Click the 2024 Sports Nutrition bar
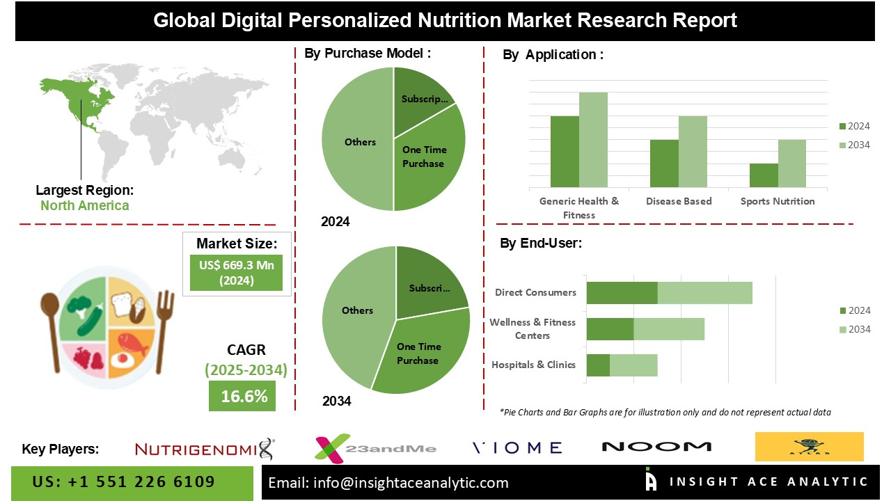[x=764, y=175]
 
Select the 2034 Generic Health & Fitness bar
[x=593, y=140]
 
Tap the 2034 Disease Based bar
[x=693, y=152]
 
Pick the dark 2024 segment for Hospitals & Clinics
[x=598, y=365]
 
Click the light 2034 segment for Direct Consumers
[x=704, y=293]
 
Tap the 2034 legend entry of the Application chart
[x=854, y=145]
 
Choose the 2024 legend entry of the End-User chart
[x=854, y=310]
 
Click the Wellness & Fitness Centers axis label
[x=533, y=329]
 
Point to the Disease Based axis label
[x=679, y=201]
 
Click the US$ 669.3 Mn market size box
[x=237, y=273]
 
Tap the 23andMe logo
[x=376, y=447]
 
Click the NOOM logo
[x=656, y=447]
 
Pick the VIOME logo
[x=517, y=447]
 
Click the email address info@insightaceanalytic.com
[x=388, y=482]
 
